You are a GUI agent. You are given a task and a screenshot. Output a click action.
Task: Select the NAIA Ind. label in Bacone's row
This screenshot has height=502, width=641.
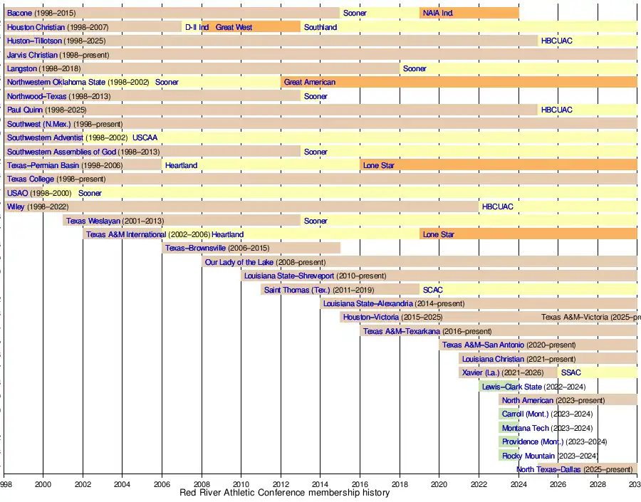click(x=438, y=13)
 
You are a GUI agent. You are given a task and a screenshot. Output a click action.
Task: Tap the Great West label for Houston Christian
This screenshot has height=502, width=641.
click(x=234, y=27)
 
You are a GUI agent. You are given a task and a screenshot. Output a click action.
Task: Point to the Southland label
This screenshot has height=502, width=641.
click(x=320, y=27)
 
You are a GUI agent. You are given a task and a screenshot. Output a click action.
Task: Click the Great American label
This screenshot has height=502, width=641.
click(x=309, y=83)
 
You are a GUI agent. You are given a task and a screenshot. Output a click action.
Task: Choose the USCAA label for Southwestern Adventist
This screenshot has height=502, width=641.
click(x=145, y=137)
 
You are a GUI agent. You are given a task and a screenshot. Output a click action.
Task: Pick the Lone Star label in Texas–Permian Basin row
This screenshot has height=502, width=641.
click(x=379, y=165)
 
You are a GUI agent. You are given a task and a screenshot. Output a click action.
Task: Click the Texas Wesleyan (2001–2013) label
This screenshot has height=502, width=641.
click(x=115, y=221)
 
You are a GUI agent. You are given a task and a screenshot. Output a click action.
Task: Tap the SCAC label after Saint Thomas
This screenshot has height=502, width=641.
click(x=432, y=290)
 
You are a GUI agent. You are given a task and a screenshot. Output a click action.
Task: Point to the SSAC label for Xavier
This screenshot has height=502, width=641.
click(x=570, y=372)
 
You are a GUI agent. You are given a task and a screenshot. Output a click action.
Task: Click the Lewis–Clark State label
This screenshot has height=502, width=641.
click(x=512, y=387)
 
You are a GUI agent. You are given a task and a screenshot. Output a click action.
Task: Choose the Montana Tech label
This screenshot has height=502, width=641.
click(x=526, y=428)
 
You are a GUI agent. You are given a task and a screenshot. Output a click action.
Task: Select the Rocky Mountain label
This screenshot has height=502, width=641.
click(x=528, y=456)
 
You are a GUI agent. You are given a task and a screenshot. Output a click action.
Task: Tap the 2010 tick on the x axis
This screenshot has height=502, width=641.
click(x=241, y=483)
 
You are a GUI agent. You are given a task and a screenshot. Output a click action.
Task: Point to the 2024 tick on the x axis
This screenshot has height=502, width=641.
click(x=518, y=483)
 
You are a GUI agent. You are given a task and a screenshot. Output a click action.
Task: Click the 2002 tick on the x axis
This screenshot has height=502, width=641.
click(x=83, y=483)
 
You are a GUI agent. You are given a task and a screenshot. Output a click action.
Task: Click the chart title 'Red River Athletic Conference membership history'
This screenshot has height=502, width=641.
click(x=284, y=493)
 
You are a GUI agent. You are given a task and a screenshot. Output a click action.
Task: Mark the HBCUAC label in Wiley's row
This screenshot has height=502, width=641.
click(x=497, y=206)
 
